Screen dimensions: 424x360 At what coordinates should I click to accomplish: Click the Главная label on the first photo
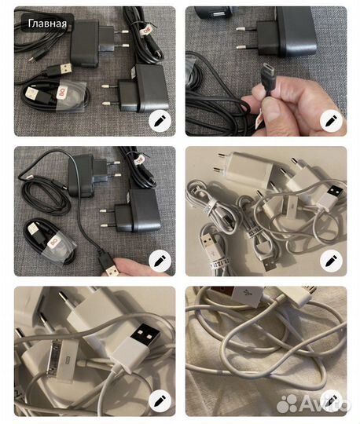[48, 23]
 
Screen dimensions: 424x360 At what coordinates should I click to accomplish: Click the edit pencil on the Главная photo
[160, 121]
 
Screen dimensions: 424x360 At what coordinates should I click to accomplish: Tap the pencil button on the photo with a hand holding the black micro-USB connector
[331, 121]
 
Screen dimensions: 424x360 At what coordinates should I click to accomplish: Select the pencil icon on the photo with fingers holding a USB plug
[160, 260]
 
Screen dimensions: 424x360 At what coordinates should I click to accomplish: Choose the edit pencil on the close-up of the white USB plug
[160, 399]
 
